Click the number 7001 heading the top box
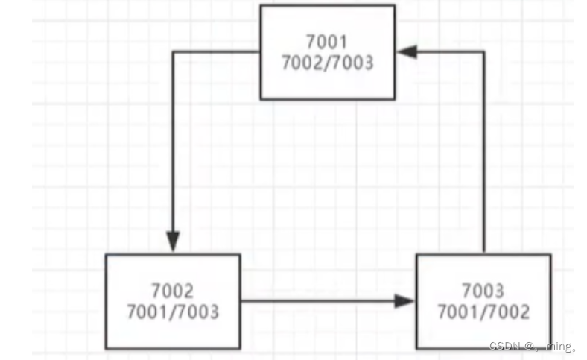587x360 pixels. (327, 41)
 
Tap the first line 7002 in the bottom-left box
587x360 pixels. (172, 290)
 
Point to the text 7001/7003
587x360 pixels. (173, 311)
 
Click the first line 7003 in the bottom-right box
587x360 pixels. (483, 290)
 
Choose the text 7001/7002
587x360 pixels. (483, 311)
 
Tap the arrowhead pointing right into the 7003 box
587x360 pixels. (404, 301)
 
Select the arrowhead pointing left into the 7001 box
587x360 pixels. (407, 51)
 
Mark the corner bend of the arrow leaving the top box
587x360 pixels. (173, 51)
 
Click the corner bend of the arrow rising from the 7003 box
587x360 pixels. (484, 51)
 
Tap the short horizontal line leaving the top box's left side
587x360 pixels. (216, 51)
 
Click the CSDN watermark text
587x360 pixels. (507, 347)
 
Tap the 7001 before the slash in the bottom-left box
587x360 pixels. (147, 311)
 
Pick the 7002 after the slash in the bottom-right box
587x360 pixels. (509, 311)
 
